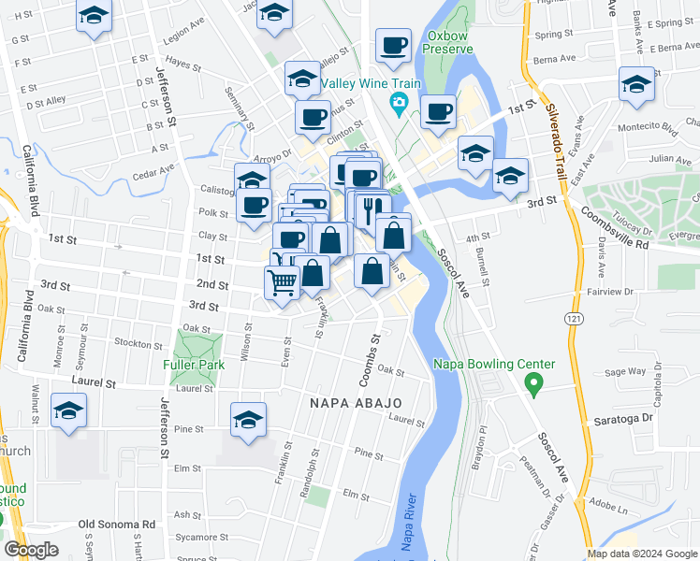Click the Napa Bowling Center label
[494, 365]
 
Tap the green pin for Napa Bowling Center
[534, 382]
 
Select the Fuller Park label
[190, 365]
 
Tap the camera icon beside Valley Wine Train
[400, 102]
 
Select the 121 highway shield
[570, 319]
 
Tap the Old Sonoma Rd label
[116, 525]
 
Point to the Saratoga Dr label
[622, 421]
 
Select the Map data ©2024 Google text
[641, 554]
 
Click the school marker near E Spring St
[636, 85]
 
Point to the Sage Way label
[625, 371]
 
